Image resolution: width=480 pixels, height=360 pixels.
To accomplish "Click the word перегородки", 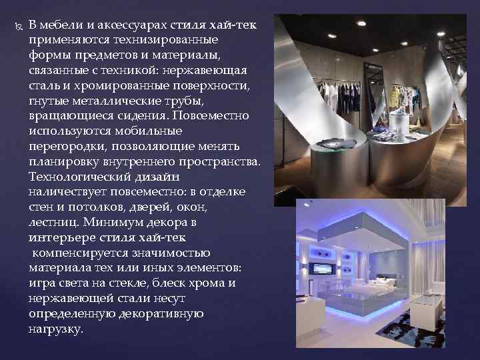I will pyautogui.click(x=67, y=146).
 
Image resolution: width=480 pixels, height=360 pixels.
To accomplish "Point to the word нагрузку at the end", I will pyautogui.click(x=56, y=329).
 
